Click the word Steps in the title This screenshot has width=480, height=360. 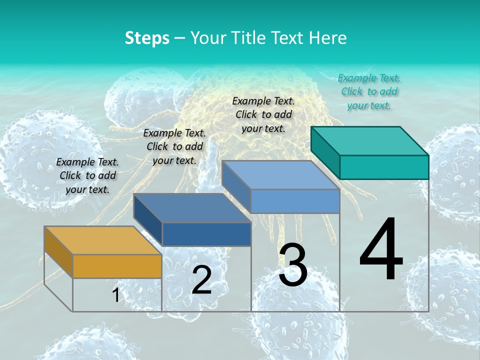[x=147, y=38]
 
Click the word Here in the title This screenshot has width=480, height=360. [x=328, y=38]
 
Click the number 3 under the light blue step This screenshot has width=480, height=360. [x=293, y=265]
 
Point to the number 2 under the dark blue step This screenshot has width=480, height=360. [x=201, y=280]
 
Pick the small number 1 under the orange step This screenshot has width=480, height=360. [x=116, y=295]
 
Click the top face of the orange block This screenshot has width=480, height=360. [x=102, y=240]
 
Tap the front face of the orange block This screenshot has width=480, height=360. [x=117, y=266]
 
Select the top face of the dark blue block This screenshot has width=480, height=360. [x=192, y=208]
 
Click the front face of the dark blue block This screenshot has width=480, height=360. [x=206, y=234]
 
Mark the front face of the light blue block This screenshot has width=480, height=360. [x=295, y=201]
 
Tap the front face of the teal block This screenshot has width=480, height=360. [x=384, y=167]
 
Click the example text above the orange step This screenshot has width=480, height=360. [x=87, y=175]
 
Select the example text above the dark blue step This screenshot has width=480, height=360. [x=174, y=146]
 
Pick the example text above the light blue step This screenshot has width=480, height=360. [x=263, y=114]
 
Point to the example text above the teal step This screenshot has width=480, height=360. [x=369, y=91]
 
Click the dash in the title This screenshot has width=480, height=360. [x=180, y=38]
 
